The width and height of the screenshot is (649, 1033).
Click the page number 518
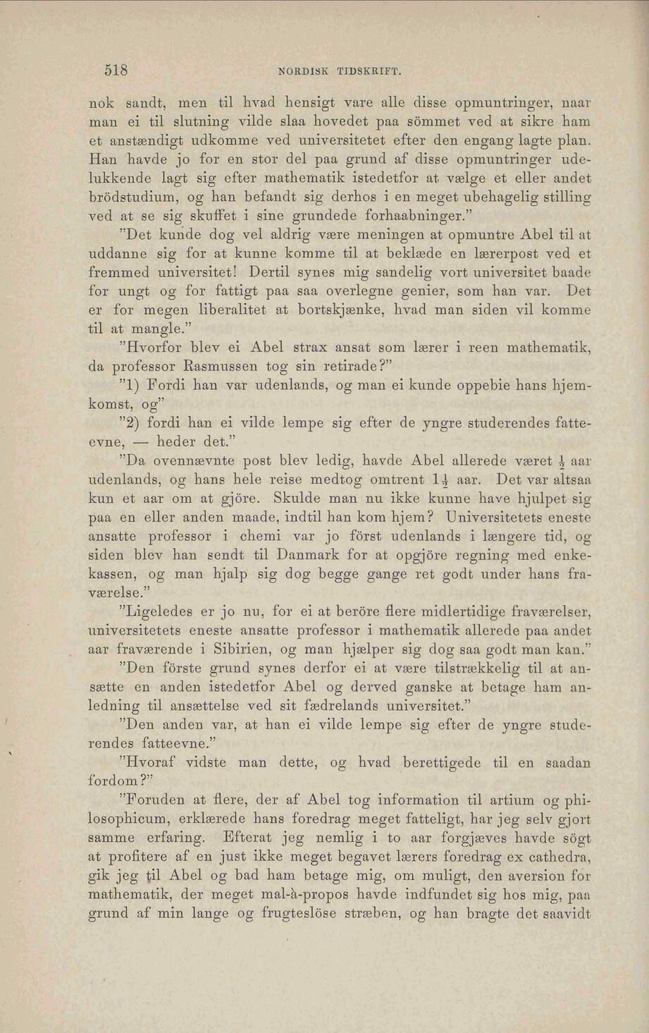[116, 70]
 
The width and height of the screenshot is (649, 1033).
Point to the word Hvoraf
[151, 762]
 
